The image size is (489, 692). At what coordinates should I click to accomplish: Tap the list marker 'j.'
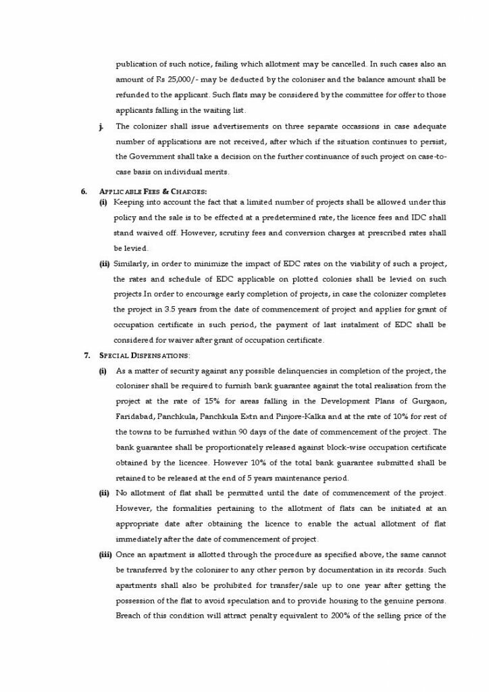tap(101, 126)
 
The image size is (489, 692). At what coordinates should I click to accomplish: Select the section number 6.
tap(84, 191)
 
